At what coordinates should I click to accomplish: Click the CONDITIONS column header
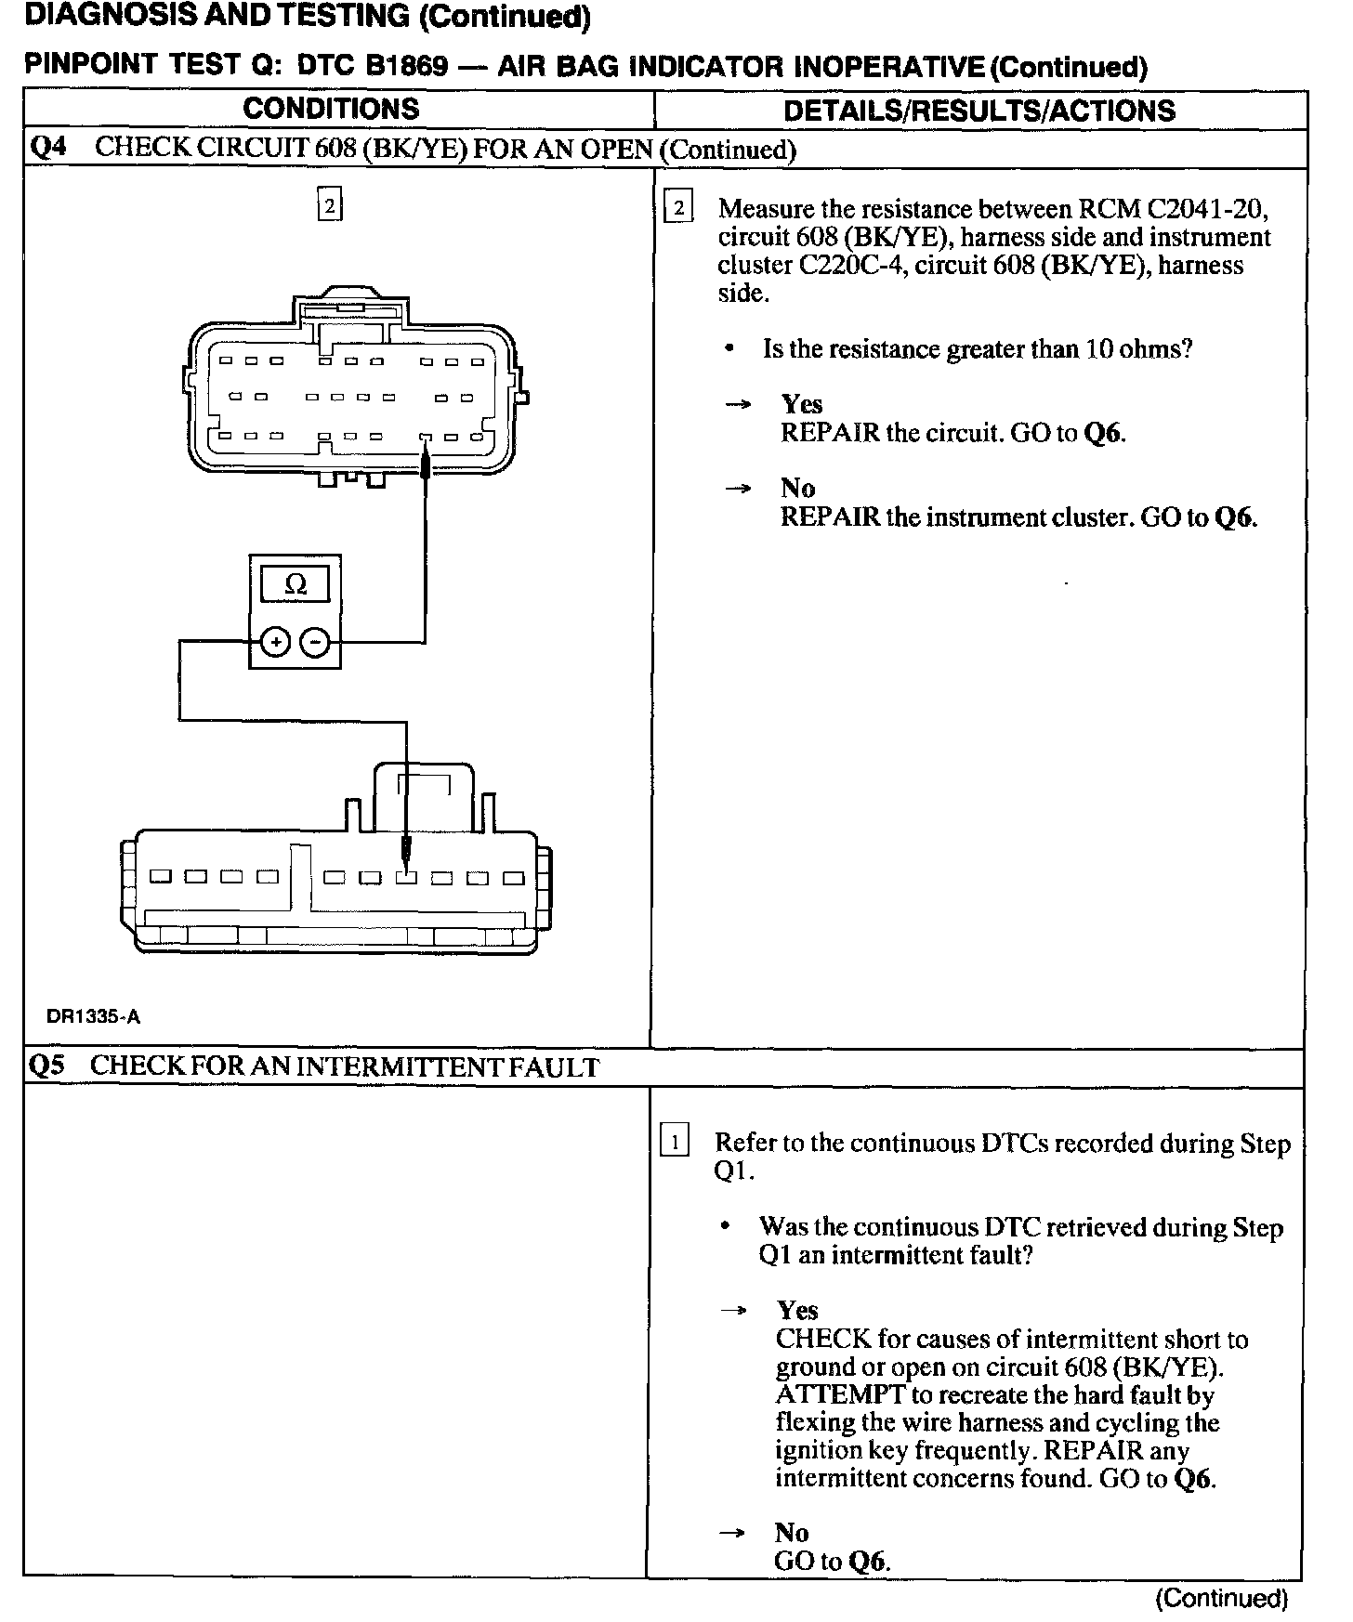(331, 109)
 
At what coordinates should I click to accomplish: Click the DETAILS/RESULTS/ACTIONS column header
(979, 111)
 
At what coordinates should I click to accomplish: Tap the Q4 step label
(47, 148)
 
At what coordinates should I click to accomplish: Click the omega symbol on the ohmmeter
(295, 584)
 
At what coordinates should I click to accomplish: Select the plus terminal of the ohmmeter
(275, 642)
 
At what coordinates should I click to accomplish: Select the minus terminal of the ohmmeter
(316, 642)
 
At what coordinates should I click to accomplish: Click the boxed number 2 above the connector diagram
(330, 205)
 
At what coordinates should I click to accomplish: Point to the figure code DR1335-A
(94, 1016)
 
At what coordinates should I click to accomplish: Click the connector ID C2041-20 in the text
(1209, 209)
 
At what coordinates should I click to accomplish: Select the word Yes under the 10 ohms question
(801, 404)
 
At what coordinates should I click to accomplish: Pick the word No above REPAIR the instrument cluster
(797, 488)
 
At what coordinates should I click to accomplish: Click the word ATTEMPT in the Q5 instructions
(840, 1394)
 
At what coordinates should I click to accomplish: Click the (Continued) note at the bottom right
(1221, 1598)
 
